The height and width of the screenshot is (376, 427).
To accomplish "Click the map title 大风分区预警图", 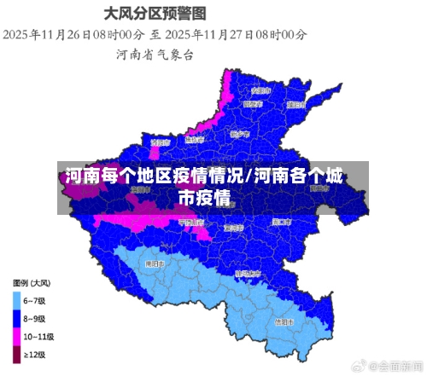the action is pos(155,14).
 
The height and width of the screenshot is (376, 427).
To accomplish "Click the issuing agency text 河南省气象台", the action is pos(155,54).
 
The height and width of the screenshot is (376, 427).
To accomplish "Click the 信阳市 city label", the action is pos(284,322).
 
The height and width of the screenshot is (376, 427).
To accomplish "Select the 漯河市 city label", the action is pos(232,228).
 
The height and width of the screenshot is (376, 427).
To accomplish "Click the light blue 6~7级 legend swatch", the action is pos(16,299).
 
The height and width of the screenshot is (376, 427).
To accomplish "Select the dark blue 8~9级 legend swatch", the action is pos(16,318).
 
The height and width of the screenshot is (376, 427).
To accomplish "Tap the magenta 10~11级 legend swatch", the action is pos(16,336).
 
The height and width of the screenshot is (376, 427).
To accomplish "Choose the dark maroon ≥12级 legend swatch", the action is pos(16,355).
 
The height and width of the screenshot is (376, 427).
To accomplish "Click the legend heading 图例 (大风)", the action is pos(32,282).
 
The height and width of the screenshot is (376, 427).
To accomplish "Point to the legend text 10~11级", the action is pos(39,336).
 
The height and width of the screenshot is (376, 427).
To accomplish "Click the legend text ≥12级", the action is pos(36,355).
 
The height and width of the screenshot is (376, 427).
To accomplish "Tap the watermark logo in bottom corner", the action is pos(373,365).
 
